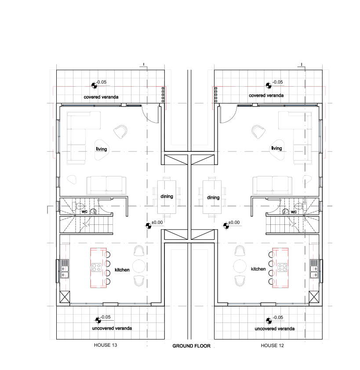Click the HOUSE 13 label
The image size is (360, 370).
tap(105, 345)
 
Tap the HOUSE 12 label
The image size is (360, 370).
tap(272, 345)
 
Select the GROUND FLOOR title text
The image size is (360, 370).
tap(192, 346)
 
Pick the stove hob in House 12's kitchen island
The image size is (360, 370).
tap(282, 267)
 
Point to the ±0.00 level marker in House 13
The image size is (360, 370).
tap(148, 226)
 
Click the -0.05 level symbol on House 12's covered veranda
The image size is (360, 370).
tap(269, 85)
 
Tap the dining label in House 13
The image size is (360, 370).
tap(167, 196)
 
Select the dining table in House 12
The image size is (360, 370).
tap(212, 197)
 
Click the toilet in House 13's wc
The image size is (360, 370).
tap(79, 206)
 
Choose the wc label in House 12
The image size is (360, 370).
tap(294, 212)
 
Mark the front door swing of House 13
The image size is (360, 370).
tap(150, 114)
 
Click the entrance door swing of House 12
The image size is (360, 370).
tap(228, 114)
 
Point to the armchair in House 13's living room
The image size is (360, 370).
tap(120, 132)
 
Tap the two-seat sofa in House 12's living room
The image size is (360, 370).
tap(272, 185)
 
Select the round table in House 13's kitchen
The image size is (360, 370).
tap(139, 266)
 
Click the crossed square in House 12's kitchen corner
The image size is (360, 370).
tap(314, 297)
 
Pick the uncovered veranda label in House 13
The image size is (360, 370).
tap(112, 328)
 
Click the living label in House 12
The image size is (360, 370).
tap(276, 148)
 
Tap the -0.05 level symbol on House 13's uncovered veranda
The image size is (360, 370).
tap(98, 320)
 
